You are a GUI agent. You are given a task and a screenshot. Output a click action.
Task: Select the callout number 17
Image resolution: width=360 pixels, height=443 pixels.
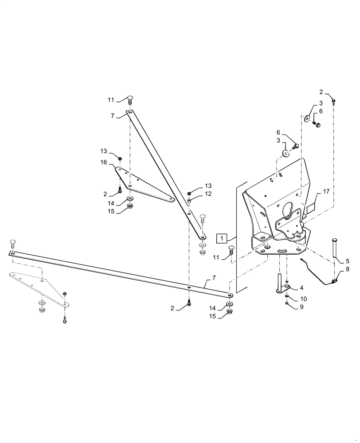326,192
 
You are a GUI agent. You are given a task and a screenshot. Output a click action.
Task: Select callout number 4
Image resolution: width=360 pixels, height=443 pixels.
301,288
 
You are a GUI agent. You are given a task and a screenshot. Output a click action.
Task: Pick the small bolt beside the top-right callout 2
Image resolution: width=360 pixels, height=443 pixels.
334,101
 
